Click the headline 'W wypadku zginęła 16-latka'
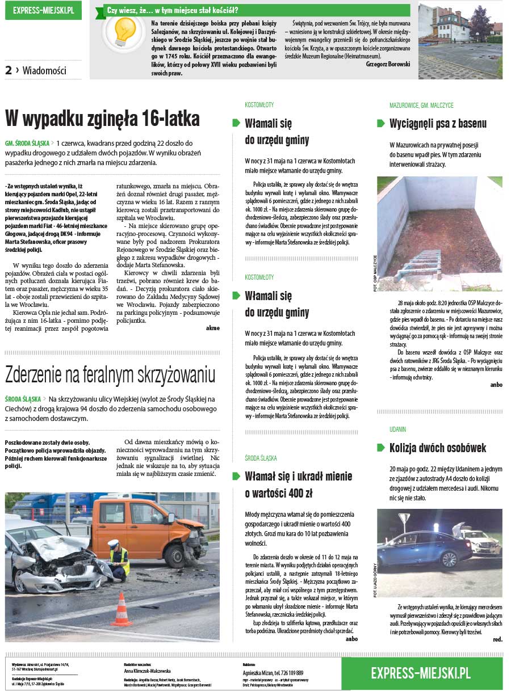pyautogui.click(x=103, y=119)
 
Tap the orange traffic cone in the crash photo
pyautogui.click(x=122, y=610)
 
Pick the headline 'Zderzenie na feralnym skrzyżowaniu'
pyautogui.click(x=110, y=375)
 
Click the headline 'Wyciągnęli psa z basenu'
pyautogui.click(x=438, y=124)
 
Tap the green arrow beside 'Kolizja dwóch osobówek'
pyautogui.click(x=380, y=448)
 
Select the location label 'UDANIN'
pyautogui.click(x=397, y=429)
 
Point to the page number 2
pyautogui.click(x=9, y=70)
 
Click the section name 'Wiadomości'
pyautogui.click(x=44, y=71)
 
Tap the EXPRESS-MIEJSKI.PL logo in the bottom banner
pyautogui.click(x=421, y=673)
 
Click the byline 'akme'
pyautogui.click(x=212, y=328)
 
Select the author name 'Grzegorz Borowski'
pyautogui.click(x=388, y=64)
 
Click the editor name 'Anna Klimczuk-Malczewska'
pyautogui.click(x=146, y=671)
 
